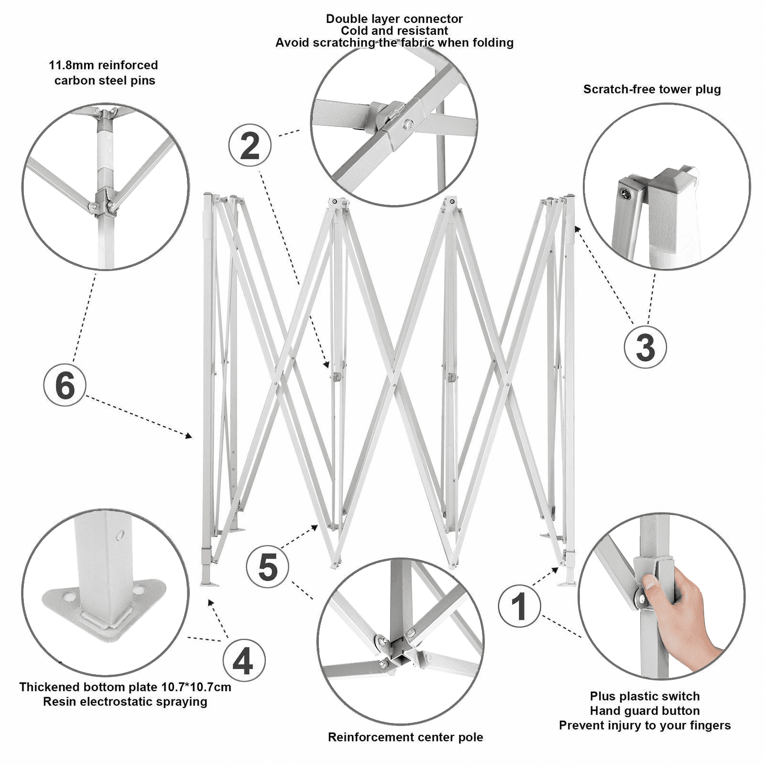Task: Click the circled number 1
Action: pyautogui.click(x=519, y=606)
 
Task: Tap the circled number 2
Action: pyautogui.click(x=250, y=145)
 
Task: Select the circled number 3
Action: pyautogui.click(x=645, y=347)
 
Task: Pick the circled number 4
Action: pyautogui.click(x=243, y=661)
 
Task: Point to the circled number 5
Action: pyautogui.click(x=267, y=567)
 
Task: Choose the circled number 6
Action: pyautogui.click(x=65, y=385)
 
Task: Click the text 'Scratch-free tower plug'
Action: pyautogui.click(x=652, y=89)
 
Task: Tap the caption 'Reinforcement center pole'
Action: pyautogui.click(x=405, y=737)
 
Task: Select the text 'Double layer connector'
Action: pyautogui.click(x=394, y=19)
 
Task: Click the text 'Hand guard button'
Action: pyautogui.click(x=645, y=710)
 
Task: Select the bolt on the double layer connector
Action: pyautogui.click(x=407, y=125)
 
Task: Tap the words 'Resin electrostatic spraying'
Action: pyautogui.click(x=125, y=702)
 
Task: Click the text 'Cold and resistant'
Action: pyautogui.click(x=394, y=31)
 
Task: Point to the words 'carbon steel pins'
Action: pyautogui.click(x=105, y=80)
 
